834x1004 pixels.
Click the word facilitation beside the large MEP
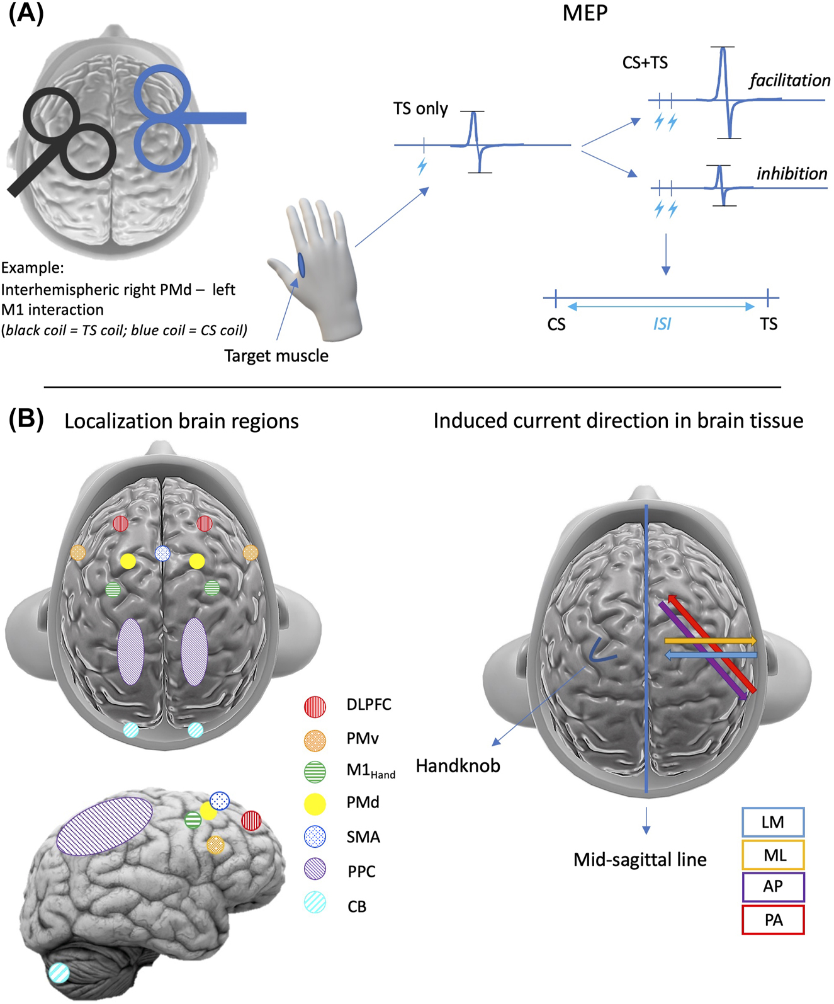[x=789, y=81]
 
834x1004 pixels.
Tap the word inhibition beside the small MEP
[x=791, y=174]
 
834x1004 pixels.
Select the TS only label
[x=420, y=109]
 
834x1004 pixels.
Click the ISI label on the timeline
[x=662, y=324]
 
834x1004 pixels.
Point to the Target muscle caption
[x=276, y=356]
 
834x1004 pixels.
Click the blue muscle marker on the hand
[x=301, y=265]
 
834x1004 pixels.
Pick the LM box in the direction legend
[x=773, y=823]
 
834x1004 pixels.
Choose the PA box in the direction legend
[x=773, y=920]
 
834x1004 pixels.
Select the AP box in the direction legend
[x=773, y=887]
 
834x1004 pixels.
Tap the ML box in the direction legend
[x=773, y=855]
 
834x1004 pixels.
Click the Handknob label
[x=458, y=766]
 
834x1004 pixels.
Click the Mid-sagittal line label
[x=640, y=860]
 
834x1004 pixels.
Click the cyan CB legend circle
[x=315, y=903]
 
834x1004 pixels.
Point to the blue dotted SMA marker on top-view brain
[x=162, y=554]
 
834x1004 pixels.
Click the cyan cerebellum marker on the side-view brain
[x=60, y=972]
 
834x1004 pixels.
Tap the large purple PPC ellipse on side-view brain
[x=104, y=826]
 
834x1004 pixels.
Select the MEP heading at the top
[x=585, y=13]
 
